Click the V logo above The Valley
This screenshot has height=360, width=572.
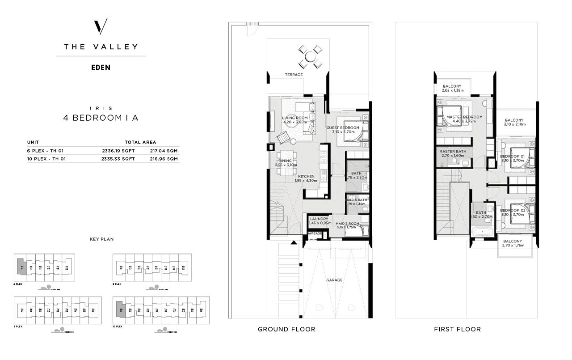(101, 27)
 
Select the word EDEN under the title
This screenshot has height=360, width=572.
(101, 68)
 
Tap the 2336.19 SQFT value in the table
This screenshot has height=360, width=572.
(118, 151)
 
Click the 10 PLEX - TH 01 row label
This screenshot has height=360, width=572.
(46, 158)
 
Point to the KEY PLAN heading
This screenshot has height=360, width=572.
(101, 239)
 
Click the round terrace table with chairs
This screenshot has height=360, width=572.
(309, 57)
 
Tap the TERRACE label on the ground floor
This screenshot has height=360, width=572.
(294, 75)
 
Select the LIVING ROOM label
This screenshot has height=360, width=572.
(295, 118)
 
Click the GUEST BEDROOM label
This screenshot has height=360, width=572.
(343, 128)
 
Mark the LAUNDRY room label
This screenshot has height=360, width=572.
(319, 219)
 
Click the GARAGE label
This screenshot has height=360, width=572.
(334, 280)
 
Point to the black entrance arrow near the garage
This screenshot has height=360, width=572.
(294, 242)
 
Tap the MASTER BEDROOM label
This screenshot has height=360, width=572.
(464, 117)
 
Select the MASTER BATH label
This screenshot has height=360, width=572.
(452, 152)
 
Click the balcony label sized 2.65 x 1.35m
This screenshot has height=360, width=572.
(452, 86)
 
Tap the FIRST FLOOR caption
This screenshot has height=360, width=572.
(457, 329)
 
